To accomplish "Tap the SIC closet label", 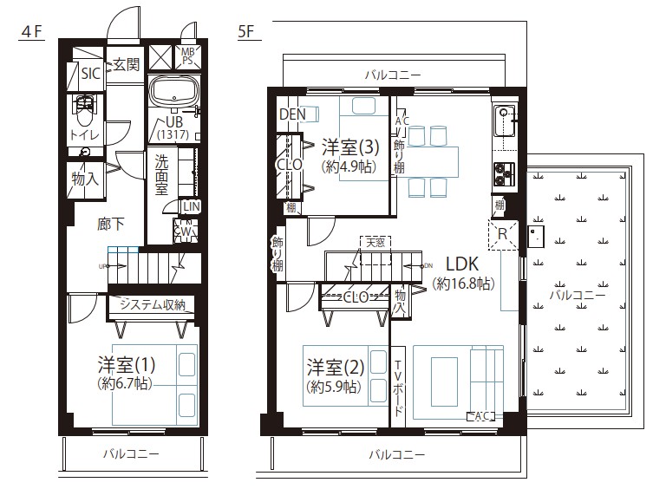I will coord(90,74).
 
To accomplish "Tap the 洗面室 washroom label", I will coord(162,174).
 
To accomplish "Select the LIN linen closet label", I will coord(191,206).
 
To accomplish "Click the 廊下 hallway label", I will coord(109,224).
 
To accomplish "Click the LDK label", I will coord(463,264).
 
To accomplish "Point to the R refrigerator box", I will coord(502,233).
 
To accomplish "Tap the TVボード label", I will coord(399,386).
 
